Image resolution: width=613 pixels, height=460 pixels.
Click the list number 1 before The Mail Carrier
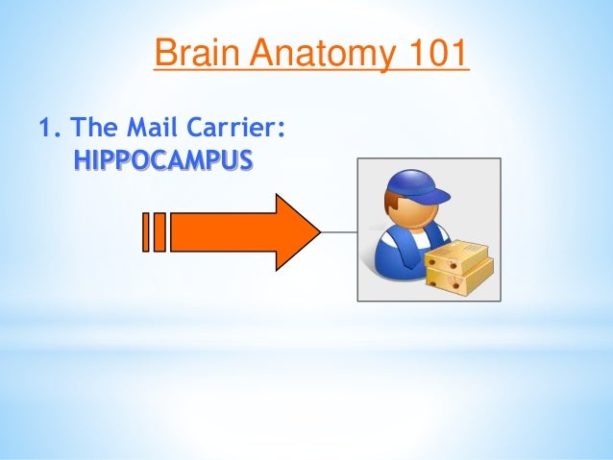[42, 128]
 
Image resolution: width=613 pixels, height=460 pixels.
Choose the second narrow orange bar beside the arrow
[159, 231]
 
